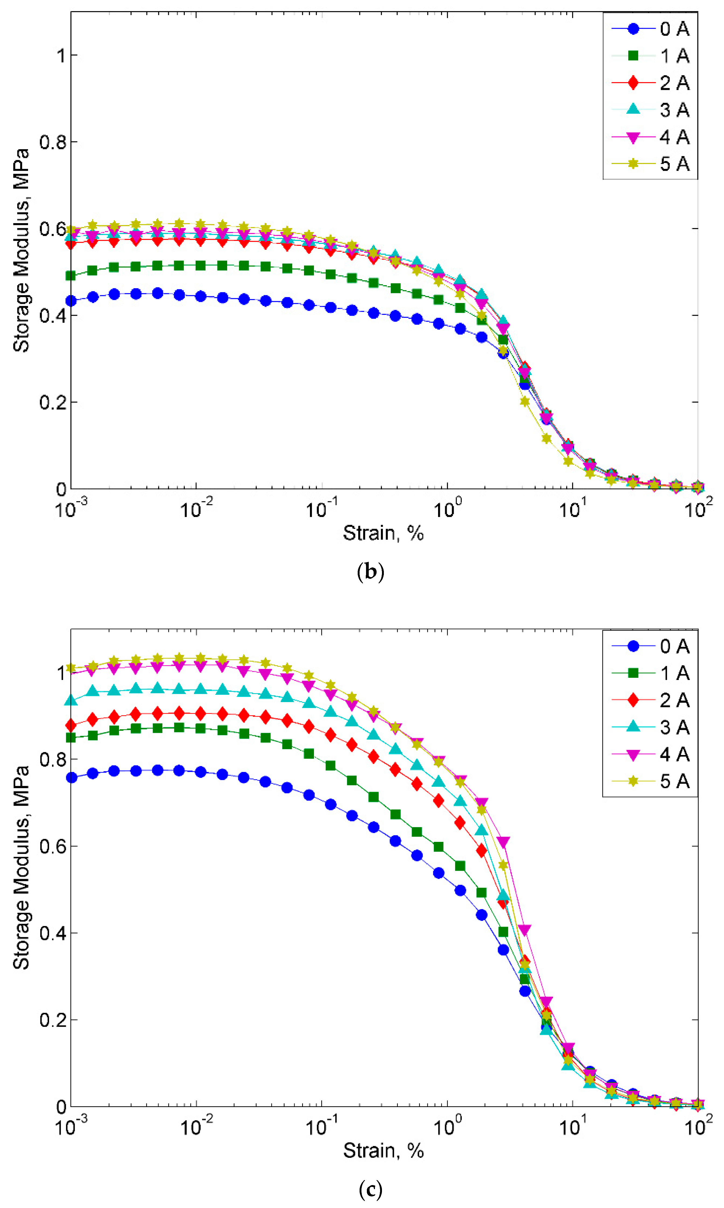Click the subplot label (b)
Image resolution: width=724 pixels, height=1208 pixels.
pyautogui.click(x=370, y=571)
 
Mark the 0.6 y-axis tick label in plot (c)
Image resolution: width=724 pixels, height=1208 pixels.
pyautogui.click(x=52, y=846)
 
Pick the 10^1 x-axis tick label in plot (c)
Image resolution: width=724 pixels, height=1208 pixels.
pyautogui.click(x=572, y=1127)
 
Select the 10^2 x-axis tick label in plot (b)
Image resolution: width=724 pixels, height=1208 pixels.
pyautogui.click(x=698, y=509)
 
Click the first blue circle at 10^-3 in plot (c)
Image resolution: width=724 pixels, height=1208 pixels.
pyautogui.click(x=71, y=777)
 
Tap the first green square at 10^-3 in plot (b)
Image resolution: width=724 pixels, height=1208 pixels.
pyautogui.click(x=71, y=276)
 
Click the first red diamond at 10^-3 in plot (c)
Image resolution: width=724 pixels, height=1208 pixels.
pyautogui.click(x=71, y=725)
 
